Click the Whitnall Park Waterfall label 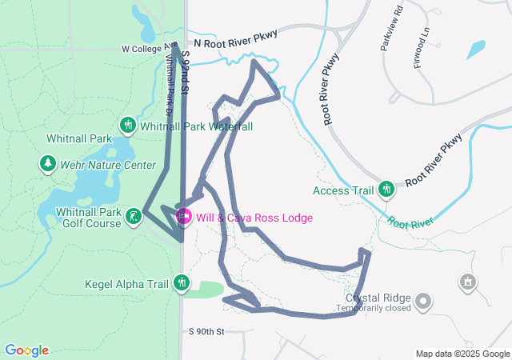tap(197, 126)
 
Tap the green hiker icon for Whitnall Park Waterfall tap(127, 126)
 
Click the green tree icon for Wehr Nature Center tap(48, 165)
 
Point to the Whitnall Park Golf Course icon tap(134, 215)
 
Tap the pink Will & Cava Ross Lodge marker tap(183, 217)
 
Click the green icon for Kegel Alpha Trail tap(182, 282)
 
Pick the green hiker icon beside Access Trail tap(387, 190)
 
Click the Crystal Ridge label tap(378, 296)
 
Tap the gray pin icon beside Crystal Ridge tap(423, 302)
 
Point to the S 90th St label tap(208, 331)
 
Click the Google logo tap(26, 350)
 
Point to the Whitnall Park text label tap(79, 138)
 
